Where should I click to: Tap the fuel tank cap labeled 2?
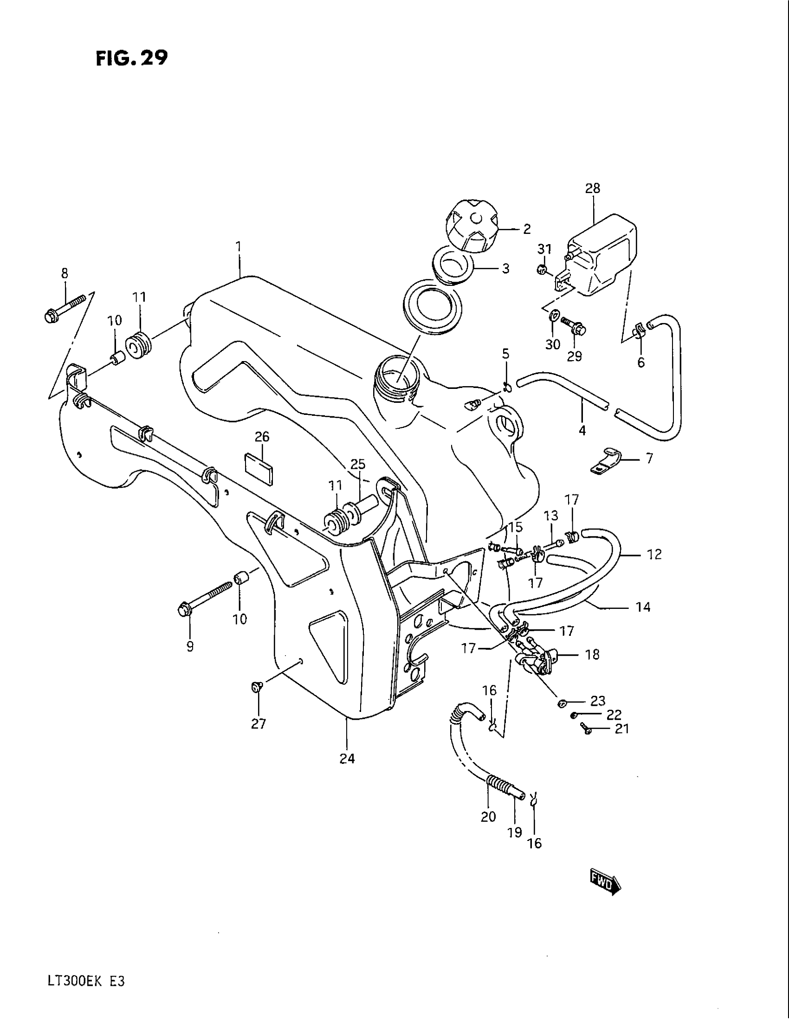pos(473,231)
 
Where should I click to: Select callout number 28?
pos(593,188)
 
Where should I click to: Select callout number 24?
pos(347,759)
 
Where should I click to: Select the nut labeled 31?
pos(542,269)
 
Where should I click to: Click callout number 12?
pos(654,554)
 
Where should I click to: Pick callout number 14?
pos(643,607)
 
